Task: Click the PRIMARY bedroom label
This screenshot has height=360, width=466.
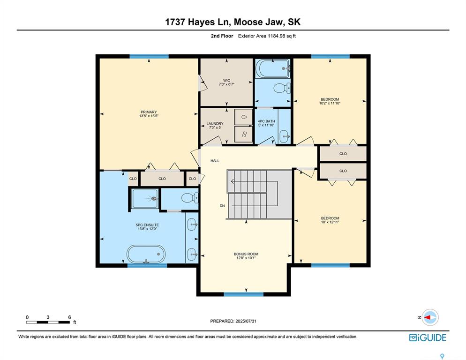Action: coord(148,112)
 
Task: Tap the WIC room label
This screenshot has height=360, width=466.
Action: coord(226,80)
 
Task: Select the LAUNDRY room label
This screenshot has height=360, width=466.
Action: coord(215,124)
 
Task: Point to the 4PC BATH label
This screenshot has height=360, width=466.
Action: coord(266,121)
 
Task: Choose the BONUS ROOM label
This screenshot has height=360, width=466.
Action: coord(245,254)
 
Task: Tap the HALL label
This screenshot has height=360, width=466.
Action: coord(215,161)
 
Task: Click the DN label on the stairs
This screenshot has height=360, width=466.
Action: coord(222,206)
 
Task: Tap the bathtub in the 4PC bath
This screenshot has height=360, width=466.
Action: coord(273,69)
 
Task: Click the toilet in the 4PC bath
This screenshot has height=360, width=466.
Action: coord(281,88)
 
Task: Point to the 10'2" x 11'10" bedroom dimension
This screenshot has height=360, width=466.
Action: coord(330,104)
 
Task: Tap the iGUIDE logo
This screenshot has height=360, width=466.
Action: coord(428,337)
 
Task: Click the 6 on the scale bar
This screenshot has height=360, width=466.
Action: coord(69,317)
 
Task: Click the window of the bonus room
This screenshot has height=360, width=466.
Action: coord(243,294)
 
